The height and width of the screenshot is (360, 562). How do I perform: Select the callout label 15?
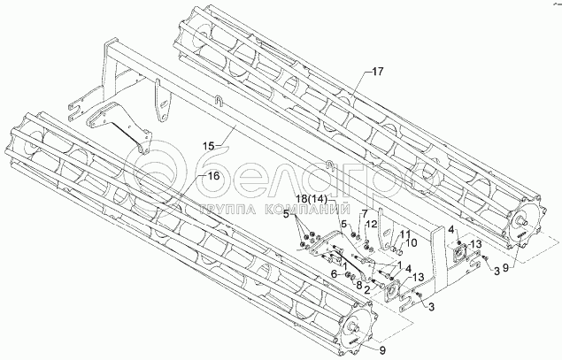click(209, 144)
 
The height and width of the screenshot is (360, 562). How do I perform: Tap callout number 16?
click(212, 177)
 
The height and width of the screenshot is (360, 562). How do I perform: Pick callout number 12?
click(372, 225)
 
